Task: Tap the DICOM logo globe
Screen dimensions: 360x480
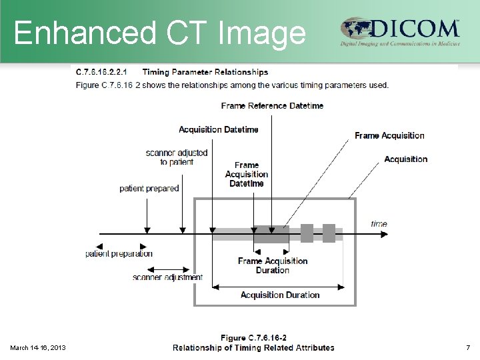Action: coord(357,29)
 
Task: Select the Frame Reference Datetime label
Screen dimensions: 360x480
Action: coord(272,106)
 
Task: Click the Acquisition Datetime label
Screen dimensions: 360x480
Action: coord(218,129)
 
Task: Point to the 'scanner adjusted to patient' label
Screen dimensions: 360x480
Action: coord(177,157)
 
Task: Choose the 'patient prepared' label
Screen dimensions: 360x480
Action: coord(149,189)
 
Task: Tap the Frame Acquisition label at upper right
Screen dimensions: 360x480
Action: coord(389,135)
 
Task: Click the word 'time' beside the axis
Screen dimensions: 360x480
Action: coord(379,224)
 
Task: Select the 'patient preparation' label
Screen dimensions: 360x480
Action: coord(119,253)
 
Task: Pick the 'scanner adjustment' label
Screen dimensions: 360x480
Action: coord(167,277)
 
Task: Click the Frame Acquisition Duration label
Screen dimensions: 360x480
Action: coord(273,265)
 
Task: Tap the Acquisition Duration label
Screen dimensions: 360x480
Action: coord(280,295)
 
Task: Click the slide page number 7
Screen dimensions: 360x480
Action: coord(468,347)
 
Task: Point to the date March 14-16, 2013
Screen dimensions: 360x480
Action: coord(38,347)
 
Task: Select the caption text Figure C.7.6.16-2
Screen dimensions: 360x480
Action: coord(253,338)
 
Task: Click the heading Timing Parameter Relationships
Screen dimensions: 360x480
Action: coord(205,72)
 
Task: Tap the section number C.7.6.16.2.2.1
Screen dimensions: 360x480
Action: coord(103,72)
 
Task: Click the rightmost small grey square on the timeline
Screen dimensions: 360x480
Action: coord(329,233)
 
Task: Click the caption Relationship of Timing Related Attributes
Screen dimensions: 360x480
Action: coord(253,347)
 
